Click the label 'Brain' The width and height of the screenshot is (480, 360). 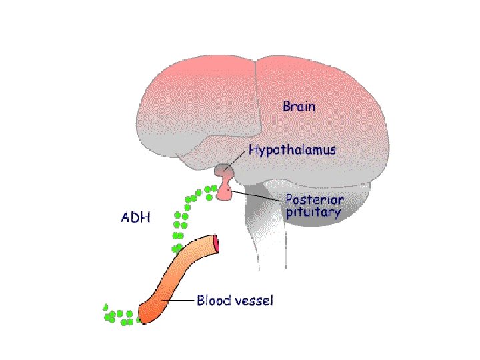[299, 106]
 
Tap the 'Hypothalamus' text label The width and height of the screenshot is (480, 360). [292, 151]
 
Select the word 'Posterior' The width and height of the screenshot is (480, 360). [315, 200]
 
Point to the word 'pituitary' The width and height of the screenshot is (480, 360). [313, 214]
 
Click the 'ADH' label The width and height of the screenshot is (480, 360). [136, 217]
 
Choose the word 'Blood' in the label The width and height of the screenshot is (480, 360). [213, 301]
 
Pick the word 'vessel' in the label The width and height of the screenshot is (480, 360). [252, 301]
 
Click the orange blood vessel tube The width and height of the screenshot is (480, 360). [180, 273]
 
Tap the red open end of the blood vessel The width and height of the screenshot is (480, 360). [217, 245]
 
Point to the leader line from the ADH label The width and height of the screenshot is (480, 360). [164, 217]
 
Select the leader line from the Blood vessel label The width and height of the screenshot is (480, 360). [179, 301]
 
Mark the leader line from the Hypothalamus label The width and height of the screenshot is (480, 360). [237, 161]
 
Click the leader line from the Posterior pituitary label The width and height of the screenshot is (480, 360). [257, 198]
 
